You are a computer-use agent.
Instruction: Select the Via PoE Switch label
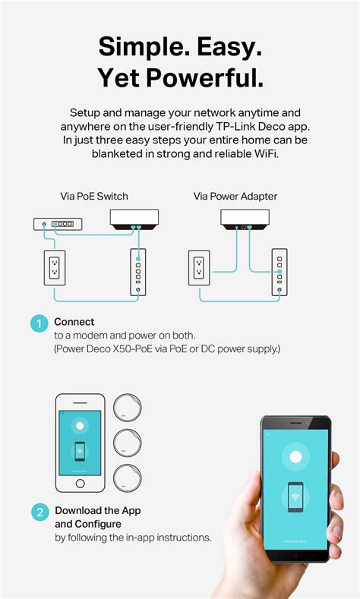[94, 196]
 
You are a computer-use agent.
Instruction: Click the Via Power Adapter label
[235, 196]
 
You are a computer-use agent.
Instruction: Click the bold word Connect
[74, 322]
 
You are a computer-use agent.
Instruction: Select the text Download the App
[98, 510]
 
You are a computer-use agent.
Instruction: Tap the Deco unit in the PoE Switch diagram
[134, 220]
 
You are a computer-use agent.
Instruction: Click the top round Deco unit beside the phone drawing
[126, 408]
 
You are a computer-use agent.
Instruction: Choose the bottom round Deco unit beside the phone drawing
[126, 478]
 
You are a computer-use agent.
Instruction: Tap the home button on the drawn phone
[79, 483]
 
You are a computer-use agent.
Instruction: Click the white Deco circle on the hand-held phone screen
[295, 456]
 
